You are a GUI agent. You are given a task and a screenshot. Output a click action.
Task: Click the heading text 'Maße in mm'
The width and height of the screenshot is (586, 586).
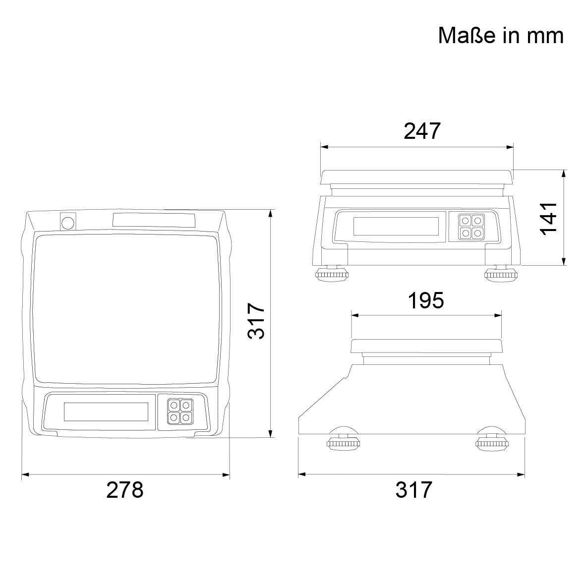[501, 36]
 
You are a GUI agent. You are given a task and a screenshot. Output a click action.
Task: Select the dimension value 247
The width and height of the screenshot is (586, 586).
[422, 131]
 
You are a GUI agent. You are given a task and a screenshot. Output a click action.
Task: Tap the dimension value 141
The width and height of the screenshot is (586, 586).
[549, 218]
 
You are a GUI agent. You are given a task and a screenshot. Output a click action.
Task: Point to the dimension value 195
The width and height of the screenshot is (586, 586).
[426, 300]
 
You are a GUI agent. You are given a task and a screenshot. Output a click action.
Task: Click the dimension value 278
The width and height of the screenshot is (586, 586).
[125, 490]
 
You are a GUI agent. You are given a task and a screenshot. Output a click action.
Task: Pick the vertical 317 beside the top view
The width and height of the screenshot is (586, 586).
[257, 322]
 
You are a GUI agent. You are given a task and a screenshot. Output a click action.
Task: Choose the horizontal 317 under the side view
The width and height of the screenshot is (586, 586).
[414, 490]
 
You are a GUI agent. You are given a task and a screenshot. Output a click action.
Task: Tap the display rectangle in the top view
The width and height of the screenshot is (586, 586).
[106, 411]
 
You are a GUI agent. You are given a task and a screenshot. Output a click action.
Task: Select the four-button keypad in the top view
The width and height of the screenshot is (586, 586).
[179, 412]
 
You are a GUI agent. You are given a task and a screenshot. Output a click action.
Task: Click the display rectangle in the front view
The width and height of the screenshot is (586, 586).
[396, 227]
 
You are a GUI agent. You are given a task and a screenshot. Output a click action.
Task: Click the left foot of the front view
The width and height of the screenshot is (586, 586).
[332, 274]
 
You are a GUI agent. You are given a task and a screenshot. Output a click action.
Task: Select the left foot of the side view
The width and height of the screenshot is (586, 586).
[343, 443]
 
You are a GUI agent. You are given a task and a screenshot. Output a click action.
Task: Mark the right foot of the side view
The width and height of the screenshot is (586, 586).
[492, 443]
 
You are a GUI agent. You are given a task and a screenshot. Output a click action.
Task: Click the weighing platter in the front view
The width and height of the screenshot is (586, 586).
[417, 176]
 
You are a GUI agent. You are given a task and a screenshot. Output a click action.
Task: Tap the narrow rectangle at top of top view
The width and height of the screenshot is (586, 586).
[154, 220]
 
